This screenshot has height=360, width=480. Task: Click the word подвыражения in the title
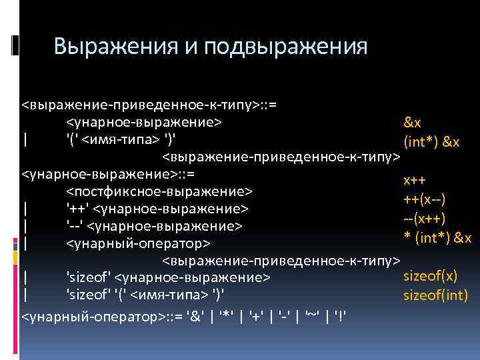pyautogui.click(x=286, y=47)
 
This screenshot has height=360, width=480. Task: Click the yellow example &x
pyautogui.click(x=412, y=123)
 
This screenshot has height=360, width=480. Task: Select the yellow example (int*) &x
pyautogui.click(x=432, y=143)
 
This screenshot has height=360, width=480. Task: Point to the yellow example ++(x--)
pyautogui.click(x=424, y=199)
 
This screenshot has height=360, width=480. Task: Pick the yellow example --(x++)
pyautogui.click(x=424, y=219)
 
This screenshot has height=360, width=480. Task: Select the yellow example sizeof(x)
pyautogui.click(x=430, y=276)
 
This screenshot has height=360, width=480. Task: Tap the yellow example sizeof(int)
pyautogui.click(x=436, y=295)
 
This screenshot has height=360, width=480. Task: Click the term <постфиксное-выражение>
pyautogui.click(x=159, y=192)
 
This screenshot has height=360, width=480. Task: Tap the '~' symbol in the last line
pyautogui.click(x=311, y=314)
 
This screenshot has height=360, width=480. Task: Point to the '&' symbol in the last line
pyautogui.click(x=197, y=314)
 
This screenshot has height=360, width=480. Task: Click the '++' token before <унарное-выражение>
pyautogui.click(x=77, y=209)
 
